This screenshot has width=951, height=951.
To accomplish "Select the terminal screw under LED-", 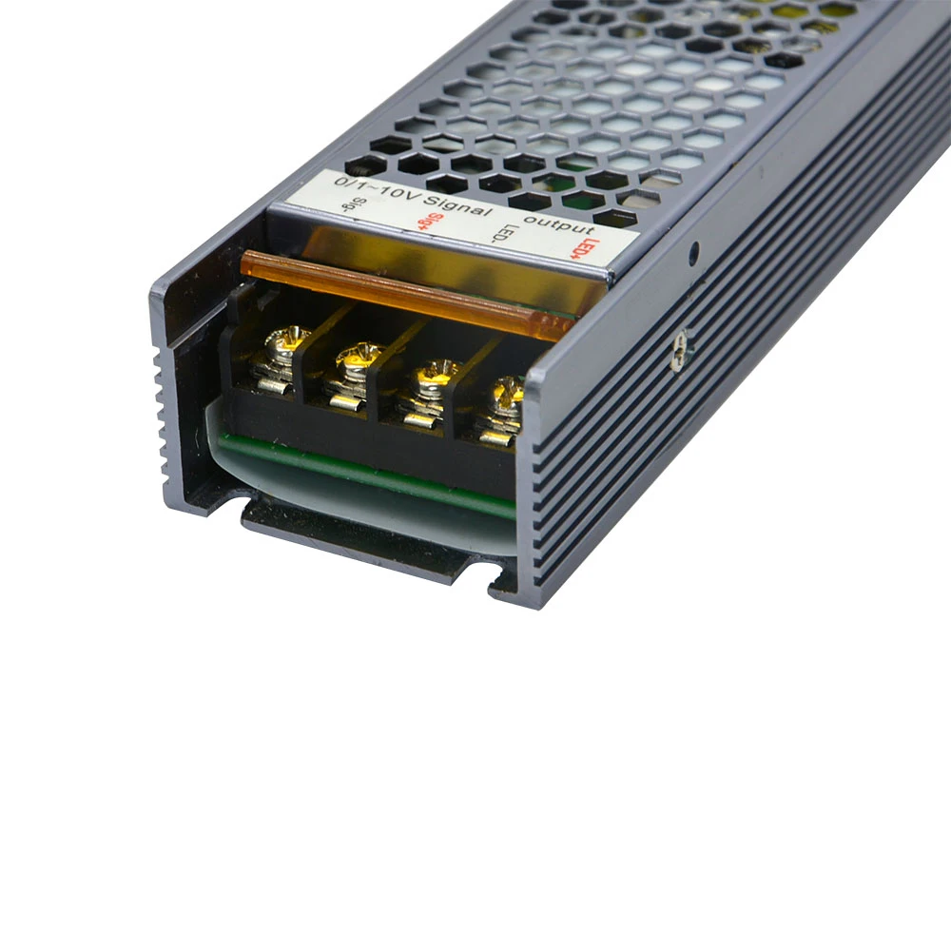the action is click(436, 376).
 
